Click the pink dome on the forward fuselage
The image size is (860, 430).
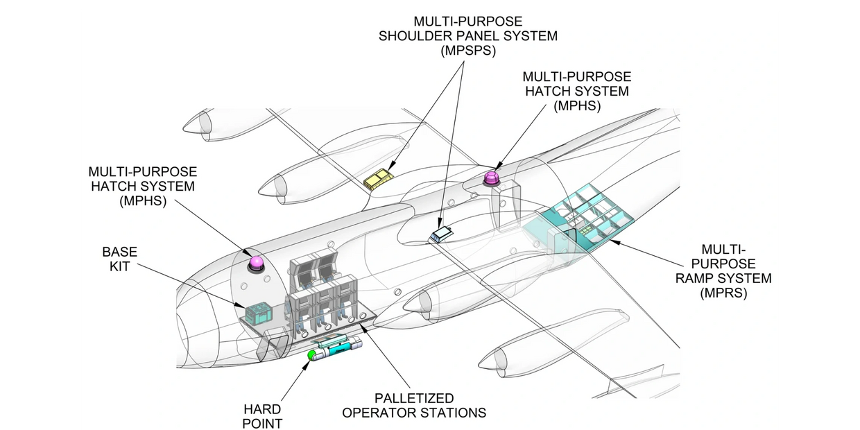[257, 263]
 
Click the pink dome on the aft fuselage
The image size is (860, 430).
[492, 178]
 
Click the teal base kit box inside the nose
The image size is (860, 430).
[257, 313]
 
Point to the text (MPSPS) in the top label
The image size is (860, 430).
[467, 51]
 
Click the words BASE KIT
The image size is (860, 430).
[120, 258]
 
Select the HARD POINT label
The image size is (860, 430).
[262, 416]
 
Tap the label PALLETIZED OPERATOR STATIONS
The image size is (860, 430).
[414, 406]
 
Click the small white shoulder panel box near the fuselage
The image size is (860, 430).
[440, 234]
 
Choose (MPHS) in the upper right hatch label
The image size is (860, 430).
[576, 106]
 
